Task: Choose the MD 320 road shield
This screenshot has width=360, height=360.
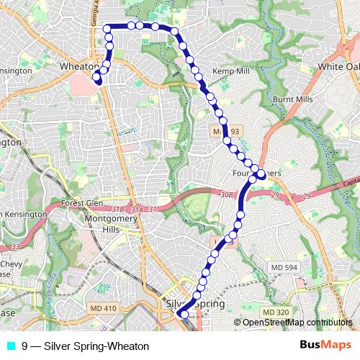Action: (x=274, y=312)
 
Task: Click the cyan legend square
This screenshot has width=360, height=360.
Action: (x=10, y=346)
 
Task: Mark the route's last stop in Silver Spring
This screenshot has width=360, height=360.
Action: (x=183, y=315)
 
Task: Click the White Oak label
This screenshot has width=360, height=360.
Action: (x=338, y=66)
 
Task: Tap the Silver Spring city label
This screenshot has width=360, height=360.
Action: (x=196, y=304)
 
